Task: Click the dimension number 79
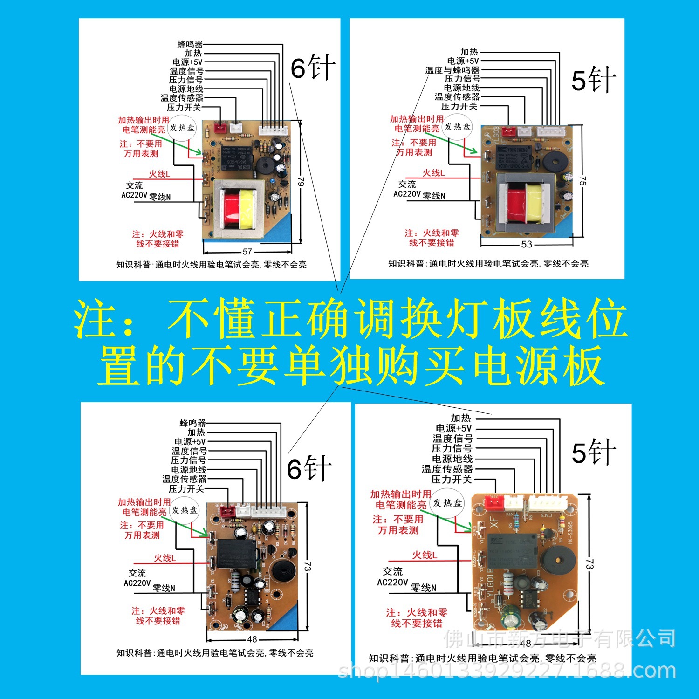pyautogui.click(x=301, y=181)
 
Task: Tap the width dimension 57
pyautogui.click(x=247, y=252)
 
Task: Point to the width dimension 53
pyautogui.click(x=527, y=244)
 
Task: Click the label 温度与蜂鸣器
pyautogui.click(x=452, y=70)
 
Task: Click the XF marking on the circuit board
pyautogui.click(x=494, y=522)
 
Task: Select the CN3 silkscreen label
pyautogui.click(x=546, y=515)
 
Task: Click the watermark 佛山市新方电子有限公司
pyautogui.click(x=559, y=638)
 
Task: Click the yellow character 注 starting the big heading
pyautogui.click(x=96, y=319)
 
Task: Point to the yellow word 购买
pyautogui.click(x=419, y=366)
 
